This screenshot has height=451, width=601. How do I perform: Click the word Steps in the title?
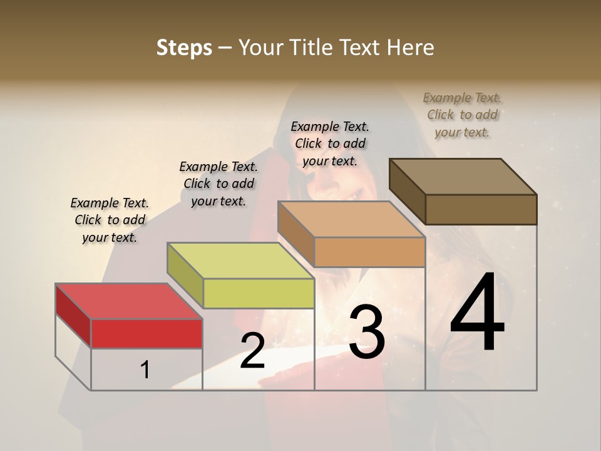point(184,48)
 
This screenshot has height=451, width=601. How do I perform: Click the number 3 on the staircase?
point(366,333)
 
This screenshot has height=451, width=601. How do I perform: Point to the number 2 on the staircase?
point(252,351)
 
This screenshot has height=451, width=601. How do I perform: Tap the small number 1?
point(145,370)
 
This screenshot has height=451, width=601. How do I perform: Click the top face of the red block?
point(128,301)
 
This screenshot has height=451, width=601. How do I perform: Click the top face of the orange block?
point(351,219)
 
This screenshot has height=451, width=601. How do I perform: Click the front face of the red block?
point(147,334)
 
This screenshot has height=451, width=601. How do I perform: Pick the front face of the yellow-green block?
point(259,293)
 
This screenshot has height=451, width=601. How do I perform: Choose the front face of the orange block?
point(369,252)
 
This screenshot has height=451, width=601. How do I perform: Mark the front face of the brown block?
point(481,209)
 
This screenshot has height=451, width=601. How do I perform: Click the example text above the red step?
point(110,220)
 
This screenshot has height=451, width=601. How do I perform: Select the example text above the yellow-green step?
point(218,184)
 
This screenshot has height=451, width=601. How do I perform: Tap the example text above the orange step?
point(330,143)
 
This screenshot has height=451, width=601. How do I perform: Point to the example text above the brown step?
point(462,115)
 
